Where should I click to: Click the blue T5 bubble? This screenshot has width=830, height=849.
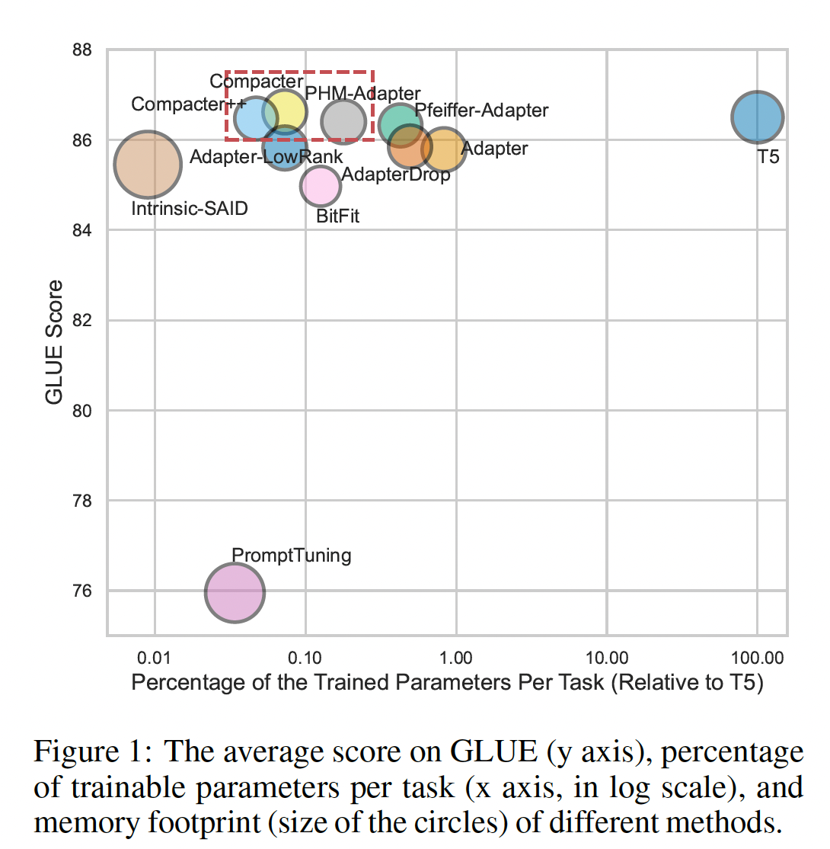coord(758,117)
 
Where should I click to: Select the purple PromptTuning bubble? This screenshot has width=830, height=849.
coord(235,592)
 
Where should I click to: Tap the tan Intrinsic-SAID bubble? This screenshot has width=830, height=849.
coord(148,164)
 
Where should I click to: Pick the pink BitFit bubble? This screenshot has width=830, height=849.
coord(321,185)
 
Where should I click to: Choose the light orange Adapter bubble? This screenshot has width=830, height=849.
coord(443,149)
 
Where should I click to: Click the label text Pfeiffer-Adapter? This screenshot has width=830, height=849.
coord(481,111)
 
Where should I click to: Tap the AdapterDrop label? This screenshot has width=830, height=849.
coord(395,174)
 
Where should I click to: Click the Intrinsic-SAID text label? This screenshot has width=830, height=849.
coord(190,208)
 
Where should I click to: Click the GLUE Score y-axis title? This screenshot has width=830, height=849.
coord(54,341)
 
